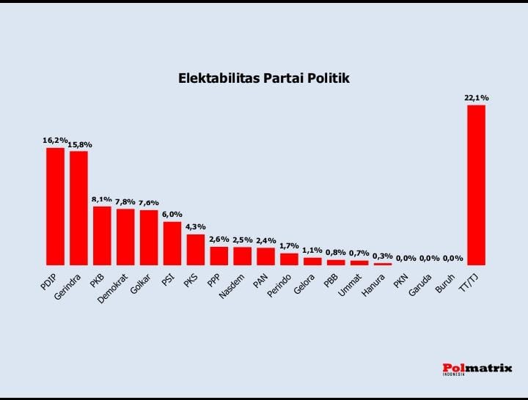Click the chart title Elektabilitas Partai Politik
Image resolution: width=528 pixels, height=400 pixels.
(264, 78)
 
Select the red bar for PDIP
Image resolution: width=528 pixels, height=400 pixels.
(56, 206)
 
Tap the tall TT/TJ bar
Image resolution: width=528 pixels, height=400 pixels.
(476, 185)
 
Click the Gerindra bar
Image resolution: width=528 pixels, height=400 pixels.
(78, 207)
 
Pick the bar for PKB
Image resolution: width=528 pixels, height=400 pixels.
(102, 235)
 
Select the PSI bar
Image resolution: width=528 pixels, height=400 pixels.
(172, 242)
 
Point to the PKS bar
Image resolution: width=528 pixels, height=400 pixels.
(196, 249)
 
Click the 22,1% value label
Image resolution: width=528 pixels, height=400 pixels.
(476, 97)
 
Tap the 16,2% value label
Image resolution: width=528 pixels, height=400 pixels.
(55, 140)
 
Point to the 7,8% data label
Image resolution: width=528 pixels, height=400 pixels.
(125, 201)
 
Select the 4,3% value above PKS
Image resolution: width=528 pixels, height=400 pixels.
(195, 226)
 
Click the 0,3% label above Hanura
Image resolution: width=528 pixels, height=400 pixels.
(382, 256)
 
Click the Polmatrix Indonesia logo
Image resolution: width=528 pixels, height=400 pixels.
(477, 368)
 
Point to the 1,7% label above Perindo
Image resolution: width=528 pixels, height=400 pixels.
(289, 245)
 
